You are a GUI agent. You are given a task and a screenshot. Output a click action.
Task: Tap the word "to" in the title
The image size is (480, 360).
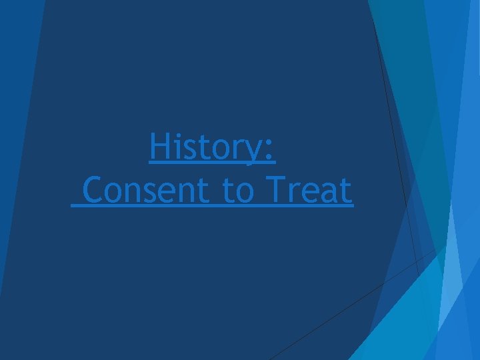pos(236,191)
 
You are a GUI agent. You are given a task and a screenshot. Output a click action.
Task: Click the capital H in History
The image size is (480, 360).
pos(159,147)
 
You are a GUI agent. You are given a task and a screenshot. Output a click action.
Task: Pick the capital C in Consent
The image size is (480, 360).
pos(95,191)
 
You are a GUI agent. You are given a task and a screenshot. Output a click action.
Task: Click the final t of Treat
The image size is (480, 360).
pos(345,191)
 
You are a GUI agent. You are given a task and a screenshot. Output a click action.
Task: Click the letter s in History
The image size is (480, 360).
pos(190,150)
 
